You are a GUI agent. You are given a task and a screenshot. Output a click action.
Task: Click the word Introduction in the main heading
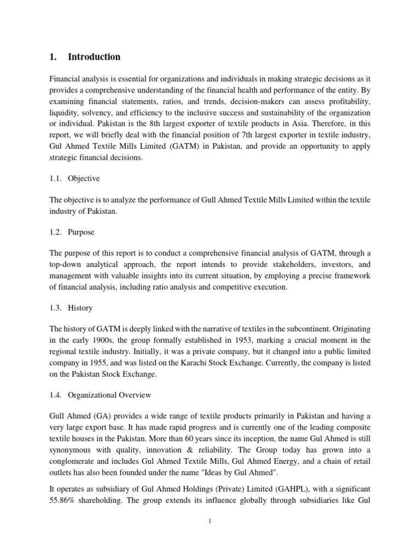[94, 57]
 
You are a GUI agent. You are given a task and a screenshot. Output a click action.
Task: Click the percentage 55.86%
[65, 488]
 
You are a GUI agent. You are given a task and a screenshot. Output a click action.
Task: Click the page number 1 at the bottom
[209, 521]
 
